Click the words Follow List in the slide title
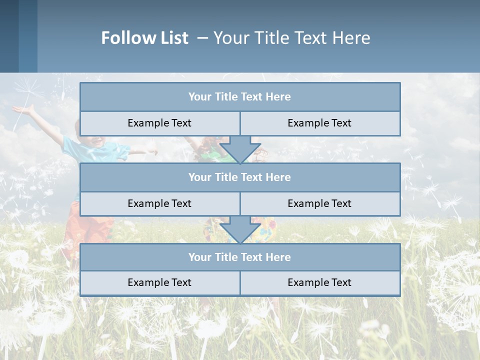pyautogui.click(x=144, y=38)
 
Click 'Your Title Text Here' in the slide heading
pyautogui.click(x=291, y=38)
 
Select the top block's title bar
pyautogui.click(x=240, y=97)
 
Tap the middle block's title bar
pyautogui.click(x=240, y=177)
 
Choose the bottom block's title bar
pyautogui.click(x=240, y=257)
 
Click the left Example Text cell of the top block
pyautogui.click(x=159, y=123)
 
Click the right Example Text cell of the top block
pyautogui.click(x=320, y=123)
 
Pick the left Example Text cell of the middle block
pyautogui.click(x=159, y=204)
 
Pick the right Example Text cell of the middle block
pyautogui.click(x=320, y=204)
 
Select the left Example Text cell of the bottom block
pyautogui.click(x=159, y=283)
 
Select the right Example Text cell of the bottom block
pyautogui.click(x=320, y=283)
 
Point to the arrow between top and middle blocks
pyautogui.click(x=240, y=150)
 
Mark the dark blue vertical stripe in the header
pyautogui.click(x=9, y=36)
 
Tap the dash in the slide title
pyautogui.click(x=202, y=38)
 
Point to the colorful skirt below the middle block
pyautogui.click(x=265, y=231)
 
